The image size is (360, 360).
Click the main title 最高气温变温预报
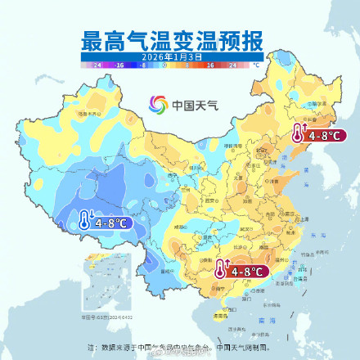180,40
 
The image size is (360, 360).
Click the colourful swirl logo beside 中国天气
157,105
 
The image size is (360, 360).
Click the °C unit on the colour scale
256,63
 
